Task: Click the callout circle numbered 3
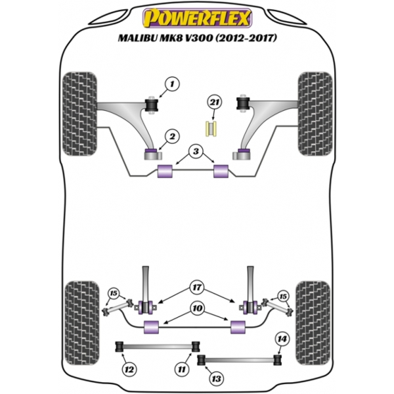pos(196,152)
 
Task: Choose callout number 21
pos(213,102)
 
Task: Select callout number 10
pos(196,307)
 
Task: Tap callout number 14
pos(282,339)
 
